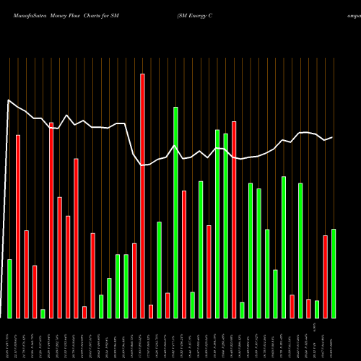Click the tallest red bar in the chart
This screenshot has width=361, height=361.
(x=142, y=195)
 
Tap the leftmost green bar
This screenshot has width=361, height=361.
(x=9, y=288)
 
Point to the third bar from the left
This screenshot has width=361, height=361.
(x=26, y=274)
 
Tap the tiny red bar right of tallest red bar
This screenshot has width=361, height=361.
(x=151, y=311)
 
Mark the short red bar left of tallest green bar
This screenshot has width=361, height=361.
(x=168, y=305)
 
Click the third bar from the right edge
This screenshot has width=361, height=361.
(x=317, y=309)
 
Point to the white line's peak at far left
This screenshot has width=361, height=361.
(x=8, y=100)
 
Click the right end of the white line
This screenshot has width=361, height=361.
(x=333, y=137)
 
